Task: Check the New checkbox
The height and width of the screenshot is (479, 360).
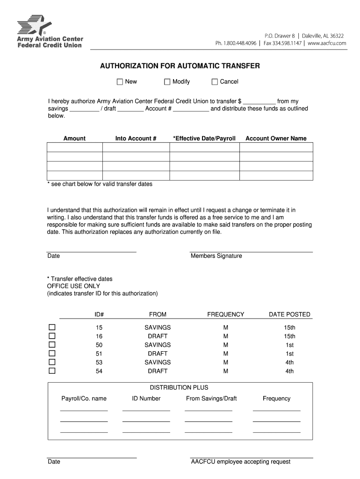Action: point(120,82)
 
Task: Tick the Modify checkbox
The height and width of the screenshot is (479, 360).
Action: point(167,82)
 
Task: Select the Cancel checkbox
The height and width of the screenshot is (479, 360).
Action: point(215,82)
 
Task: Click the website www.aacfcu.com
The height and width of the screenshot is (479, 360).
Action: point(327,43)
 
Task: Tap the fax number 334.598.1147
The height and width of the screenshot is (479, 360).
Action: point(283,43)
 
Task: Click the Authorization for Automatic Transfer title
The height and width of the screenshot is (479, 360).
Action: point(180,66)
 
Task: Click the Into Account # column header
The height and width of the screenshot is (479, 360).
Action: point(136,138)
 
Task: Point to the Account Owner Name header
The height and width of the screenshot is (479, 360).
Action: point(276,138)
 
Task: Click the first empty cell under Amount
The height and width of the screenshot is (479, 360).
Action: point(74,147)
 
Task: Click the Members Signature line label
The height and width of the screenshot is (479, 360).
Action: point(216,256)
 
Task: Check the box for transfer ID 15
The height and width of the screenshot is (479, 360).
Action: point(52,327)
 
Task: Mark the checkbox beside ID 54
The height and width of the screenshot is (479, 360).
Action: point(52,371)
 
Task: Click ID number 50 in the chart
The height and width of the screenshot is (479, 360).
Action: point(99,345)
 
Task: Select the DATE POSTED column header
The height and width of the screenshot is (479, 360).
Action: point(289,314)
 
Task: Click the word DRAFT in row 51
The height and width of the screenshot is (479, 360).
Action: point(158,354)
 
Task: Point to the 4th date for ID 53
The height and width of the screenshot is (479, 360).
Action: point(289,363)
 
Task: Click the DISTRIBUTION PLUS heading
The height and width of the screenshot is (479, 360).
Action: point(179,387)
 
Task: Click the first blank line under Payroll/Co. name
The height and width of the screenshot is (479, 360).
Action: point(84,410)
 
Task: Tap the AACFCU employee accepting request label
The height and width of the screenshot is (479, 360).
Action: point(240,462)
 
